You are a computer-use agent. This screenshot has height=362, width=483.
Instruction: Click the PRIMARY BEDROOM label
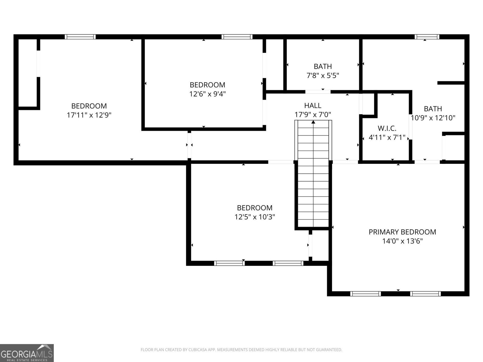402,232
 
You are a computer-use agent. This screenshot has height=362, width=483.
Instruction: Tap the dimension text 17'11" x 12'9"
89,115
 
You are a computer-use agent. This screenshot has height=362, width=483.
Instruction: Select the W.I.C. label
387,129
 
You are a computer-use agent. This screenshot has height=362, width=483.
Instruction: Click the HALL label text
313,106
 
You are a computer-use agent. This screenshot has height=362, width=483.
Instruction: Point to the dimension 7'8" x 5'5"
323,75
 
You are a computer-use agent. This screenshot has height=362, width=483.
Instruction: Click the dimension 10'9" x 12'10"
433,118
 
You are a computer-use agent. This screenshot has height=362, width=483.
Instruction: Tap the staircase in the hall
313,181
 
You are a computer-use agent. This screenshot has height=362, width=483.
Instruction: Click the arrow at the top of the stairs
313,122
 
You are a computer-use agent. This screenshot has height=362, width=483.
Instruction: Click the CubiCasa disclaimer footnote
241,350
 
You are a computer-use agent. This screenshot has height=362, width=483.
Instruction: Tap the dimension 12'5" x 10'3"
255,217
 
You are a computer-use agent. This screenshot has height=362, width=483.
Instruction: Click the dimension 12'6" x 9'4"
207,94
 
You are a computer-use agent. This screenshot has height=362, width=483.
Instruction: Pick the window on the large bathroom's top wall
427,37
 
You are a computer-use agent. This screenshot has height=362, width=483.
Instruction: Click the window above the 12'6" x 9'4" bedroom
237,37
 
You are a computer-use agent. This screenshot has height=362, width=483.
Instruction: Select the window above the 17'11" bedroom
80,37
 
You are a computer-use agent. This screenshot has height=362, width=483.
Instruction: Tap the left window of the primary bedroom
365,294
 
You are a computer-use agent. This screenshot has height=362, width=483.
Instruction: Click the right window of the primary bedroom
425,294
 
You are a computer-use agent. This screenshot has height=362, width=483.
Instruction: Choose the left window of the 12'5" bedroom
229,263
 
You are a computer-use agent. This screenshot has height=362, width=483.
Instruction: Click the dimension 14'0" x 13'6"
402,241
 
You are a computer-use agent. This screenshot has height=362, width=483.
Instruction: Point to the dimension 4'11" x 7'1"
387,138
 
